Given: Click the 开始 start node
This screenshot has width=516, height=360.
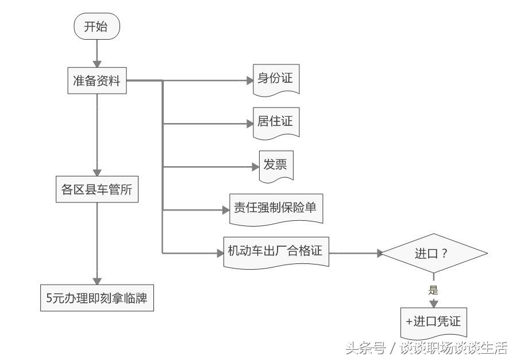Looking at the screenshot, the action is coord(97,26).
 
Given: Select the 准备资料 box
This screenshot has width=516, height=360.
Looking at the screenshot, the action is coord(97,81).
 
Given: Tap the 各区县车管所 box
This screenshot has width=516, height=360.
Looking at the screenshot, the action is coord(97,189).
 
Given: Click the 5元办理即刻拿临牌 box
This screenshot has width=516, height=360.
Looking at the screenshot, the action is coord(97,298).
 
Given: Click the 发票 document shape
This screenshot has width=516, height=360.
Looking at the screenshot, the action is coord(276,166).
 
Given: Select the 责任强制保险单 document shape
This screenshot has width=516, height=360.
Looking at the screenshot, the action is coord(276,209).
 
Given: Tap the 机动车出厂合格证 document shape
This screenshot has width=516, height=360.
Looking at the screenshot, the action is coord(276,252).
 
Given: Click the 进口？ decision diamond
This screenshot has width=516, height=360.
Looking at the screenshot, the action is coord(434,253).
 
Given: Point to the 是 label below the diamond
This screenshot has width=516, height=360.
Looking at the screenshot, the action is coord(433,290).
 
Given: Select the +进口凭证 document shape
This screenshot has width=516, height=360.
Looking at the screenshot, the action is coord(434,323).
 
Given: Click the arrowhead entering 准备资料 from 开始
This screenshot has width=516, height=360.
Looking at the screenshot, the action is coord(97,64).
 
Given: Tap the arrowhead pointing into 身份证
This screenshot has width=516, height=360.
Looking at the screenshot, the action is coord(250,81).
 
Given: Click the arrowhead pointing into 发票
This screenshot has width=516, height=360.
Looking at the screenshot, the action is coord(256,167).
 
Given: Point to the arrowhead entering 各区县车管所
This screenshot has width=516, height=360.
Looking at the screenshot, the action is coord(97,173).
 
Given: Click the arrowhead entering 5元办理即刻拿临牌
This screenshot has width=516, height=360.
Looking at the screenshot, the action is coord(97,281).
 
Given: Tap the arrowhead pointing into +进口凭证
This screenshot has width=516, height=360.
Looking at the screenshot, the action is coord(434,304).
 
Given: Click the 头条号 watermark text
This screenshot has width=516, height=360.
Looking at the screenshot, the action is coord(365,348).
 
